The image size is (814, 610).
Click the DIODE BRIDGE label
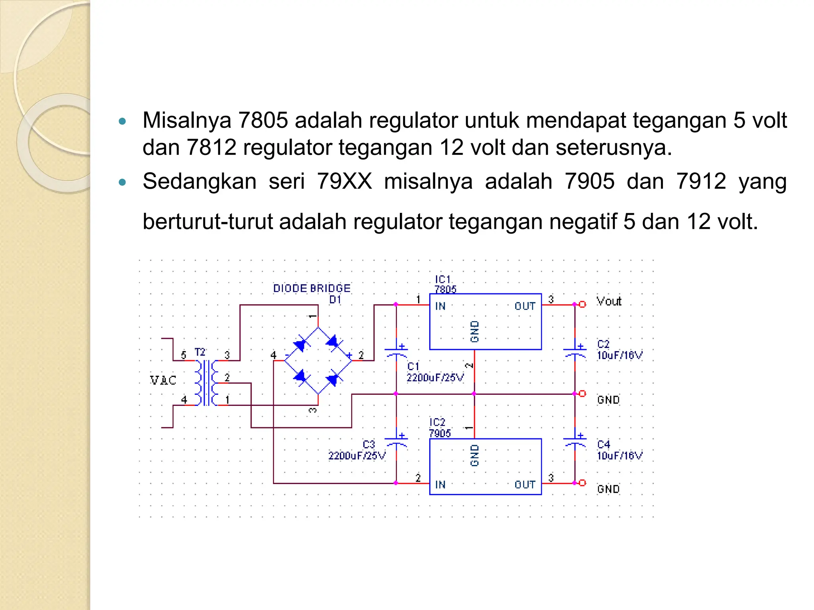point(312,288)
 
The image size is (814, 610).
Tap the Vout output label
point(609,301)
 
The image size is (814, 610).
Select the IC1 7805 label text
point(445,284)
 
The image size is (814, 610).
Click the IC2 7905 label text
point(439,428)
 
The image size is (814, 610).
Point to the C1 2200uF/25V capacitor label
point(434,372)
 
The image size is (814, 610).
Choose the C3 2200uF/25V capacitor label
point(357,450)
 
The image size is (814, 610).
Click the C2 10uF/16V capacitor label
point(619,350)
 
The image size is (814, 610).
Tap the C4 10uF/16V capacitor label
point(619,450)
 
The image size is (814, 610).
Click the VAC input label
point(163,380)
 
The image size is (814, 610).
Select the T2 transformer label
point(200,352)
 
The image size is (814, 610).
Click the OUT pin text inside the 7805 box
point(525,306)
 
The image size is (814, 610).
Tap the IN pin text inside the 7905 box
point(440,485)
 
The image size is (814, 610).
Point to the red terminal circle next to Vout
point(582,305)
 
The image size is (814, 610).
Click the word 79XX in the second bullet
point(344,181)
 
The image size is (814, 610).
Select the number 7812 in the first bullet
point(211,147)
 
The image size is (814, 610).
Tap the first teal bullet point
point(122,121)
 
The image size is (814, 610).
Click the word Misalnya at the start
point(187,120)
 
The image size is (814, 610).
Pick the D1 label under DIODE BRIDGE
point(335,300)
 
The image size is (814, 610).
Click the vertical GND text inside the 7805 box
point(475,332)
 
